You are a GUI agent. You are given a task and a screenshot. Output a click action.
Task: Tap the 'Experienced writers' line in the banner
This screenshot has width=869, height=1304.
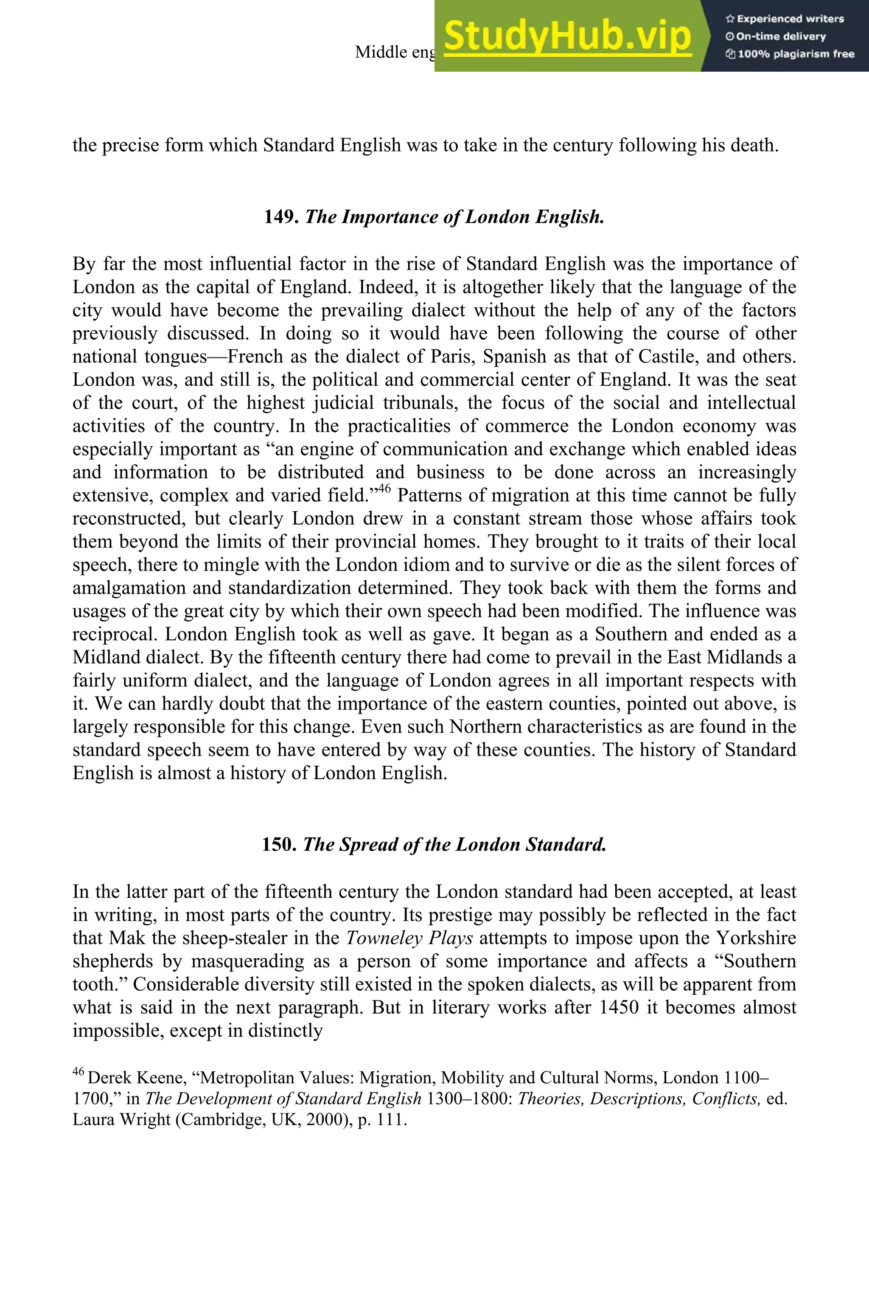[x=785, y=19]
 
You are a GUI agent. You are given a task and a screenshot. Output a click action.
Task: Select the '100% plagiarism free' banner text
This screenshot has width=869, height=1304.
[x=791, y=54]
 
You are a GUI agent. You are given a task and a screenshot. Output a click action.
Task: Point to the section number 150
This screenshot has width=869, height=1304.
[x=280, y=844]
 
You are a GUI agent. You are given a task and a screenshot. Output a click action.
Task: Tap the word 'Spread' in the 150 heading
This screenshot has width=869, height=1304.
[x=370, y=844]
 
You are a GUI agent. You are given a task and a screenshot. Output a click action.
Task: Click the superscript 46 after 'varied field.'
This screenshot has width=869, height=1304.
[x=384, y=489]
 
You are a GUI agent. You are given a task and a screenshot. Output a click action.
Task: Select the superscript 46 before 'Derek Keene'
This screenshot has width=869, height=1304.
[x=78, y=1072]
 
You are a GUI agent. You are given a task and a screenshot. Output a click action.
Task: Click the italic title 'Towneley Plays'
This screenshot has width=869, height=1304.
[x=409, y=938]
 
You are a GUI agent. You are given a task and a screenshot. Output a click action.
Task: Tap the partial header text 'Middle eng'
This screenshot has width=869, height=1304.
[x=395, y=52]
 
